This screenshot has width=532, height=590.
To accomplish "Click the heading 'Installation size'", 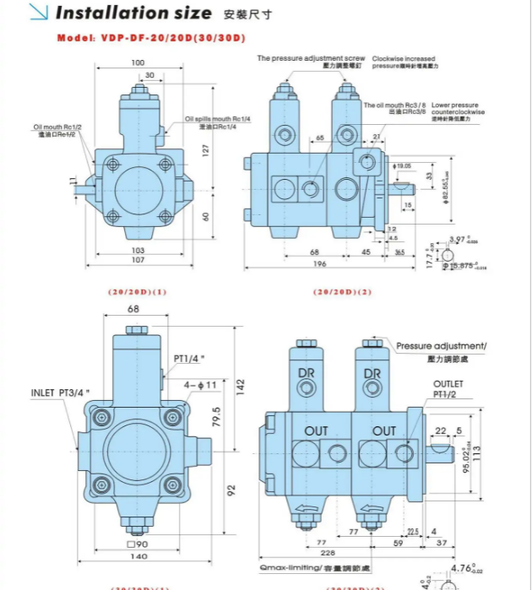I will point(133,14).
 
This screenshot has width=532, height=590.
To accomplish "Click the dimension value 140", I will point(136,557).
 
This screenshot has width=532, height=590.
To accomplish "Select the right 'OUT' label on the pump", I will point(384,430).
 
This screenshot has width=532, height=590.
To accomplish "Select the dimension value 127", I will point(205,149).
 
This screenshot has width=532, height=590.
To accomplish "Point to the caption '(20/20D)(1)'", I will point(137,292).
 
